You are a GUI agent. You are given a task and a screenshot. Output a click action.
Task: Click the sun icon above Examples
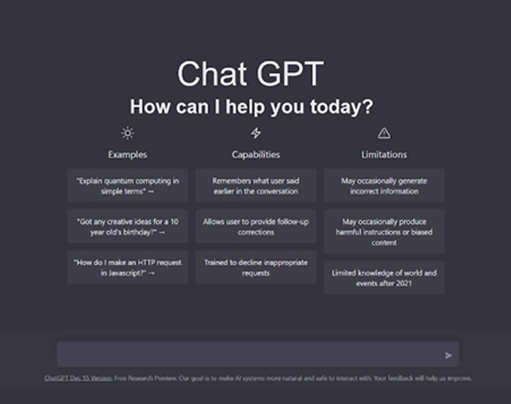[x=128, y=133]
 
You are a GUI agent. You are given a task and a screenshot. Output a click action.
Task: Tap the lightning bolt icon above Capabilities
[x=255, y=133]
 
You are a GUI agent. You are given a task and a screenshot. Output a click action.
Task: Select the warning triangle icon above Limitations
[x=384, y=133]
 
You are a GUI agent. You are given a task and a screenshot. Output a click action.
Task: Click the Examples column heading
[x=128, y=154]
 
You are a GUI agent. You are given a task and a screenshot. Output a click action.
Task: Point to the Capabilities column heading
[x=255, y=154]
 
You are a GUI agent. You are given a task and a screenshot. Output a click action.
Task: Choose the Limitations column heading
[x=384, y=154]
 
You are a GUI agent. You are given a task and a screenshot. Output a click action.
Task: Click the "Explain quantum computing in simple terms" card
[x=128, y=186]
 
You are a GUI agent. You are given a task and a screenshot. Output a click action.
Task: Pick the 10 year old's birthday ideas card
[x=128, y=227]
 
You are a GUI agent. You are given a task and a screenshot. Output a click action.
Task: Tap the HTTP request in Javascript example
[x=128, y=267]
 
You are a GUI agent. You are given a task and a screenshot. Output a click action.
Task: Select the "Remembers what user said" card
[x=255, y=186]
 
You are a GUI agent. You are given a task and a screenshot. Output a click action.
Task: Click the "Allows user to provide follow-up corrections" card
[x=255, y=227]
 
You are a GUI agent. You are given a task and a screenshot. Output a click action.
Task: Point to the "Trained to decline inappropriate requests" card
[x=255, y=267]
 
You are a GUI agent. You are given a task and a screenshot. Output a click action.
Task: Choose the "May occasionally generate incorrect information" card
[x=384, y=186]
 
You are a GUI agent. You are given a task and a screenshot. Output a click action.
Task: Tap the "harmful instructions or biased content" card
[x=384, y=232]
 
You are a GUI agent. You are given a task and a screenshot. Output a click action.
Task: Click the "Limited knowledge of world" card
[x=384, y=278]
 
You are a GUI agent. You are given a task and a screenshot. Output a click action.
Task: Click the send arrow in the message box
[x=449, y=355]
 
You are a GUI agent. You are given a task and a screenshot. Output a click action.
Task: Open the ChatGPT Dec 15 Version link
[x=78, y=378]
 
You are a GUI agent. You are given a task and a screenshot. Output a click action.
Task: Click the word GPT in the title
[x=290, y=73]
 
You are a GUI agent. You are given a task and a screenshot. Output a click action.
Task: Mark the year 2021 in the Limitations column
[x=404, y=283]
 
